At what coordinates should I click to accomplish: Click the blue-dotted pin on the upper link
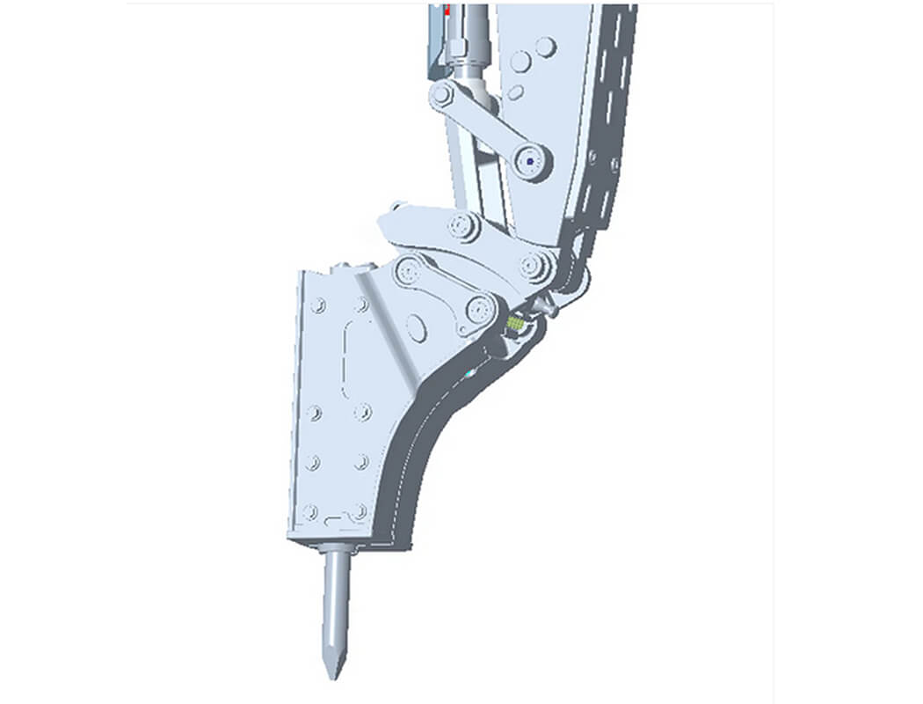pos(529,162)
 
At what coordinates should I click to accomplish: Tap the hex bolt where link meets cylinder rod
pos(441,93)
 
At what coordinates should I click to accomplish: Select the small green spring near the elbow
pos(515,325)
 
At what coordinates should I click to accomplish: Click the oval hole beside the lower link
pos(417,328)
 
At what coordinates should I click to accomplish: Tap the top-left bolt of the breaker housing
pos(318,305)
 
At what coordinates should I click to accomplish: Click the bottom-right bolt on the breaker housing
pos(359,510)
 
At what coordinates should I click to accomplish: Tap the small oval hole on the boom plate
pos(516,92)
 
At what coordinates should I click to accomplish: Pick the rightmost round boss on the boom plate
pos(546,47)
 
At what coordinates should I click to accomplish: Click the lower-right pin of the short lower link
pos(478,308)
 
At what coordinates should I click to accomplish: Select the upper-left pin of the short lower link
pos(407,270)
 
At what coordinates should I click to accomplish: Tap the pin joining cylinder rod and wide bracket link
pos(461,227)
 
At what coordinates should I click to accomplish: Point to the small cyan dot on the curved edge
pos(469,374)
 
